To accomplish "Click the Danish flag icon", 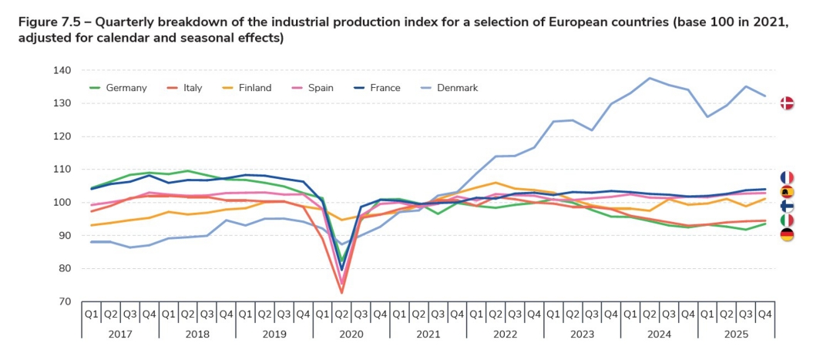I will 787,103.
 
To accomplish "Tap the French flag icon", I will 787,178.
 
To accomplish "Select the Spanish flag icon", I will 787,192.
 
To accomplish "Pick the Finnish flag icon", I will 787,207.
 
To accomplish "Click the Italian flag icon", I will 787,220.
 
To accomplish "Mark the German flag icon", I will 787,235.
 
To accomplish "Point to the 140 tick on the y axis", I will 62,71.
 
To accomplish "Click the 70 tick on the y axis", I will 65,302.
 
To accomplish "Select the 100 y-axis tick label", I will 62,203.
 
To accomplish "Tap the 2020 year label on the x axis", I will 351,334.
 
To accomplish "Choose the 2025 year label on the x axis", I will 736,334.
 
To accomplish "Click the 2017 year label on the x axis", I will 119,334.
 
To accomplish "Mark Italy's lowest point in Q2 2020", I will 341,293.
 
